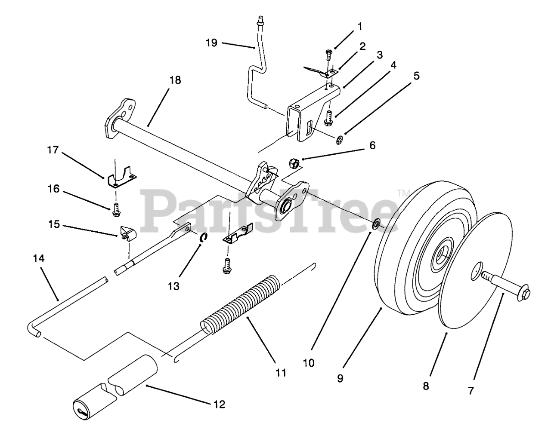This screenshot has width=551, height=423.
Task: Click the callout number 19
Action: coord(211,43)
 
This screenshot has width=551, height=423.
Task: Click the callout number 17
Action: coord(53,150)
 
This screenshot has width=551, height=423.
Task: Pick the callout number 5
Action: coord(416,76)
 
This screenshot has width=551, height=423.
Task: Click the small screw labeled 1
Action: coord(329,55)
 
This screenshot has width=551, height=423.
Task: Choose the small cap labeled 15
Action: coord(125,233)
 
